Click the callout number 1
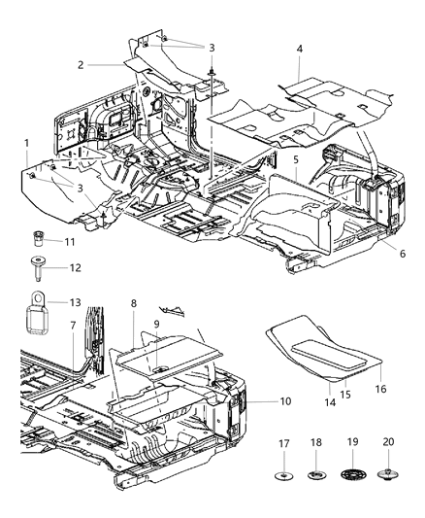(26, 143)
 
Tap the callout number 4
(299, 48)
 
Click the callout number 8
(133, 303)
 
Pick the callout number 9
(156, 325)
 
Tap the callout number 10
(256, 399)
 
